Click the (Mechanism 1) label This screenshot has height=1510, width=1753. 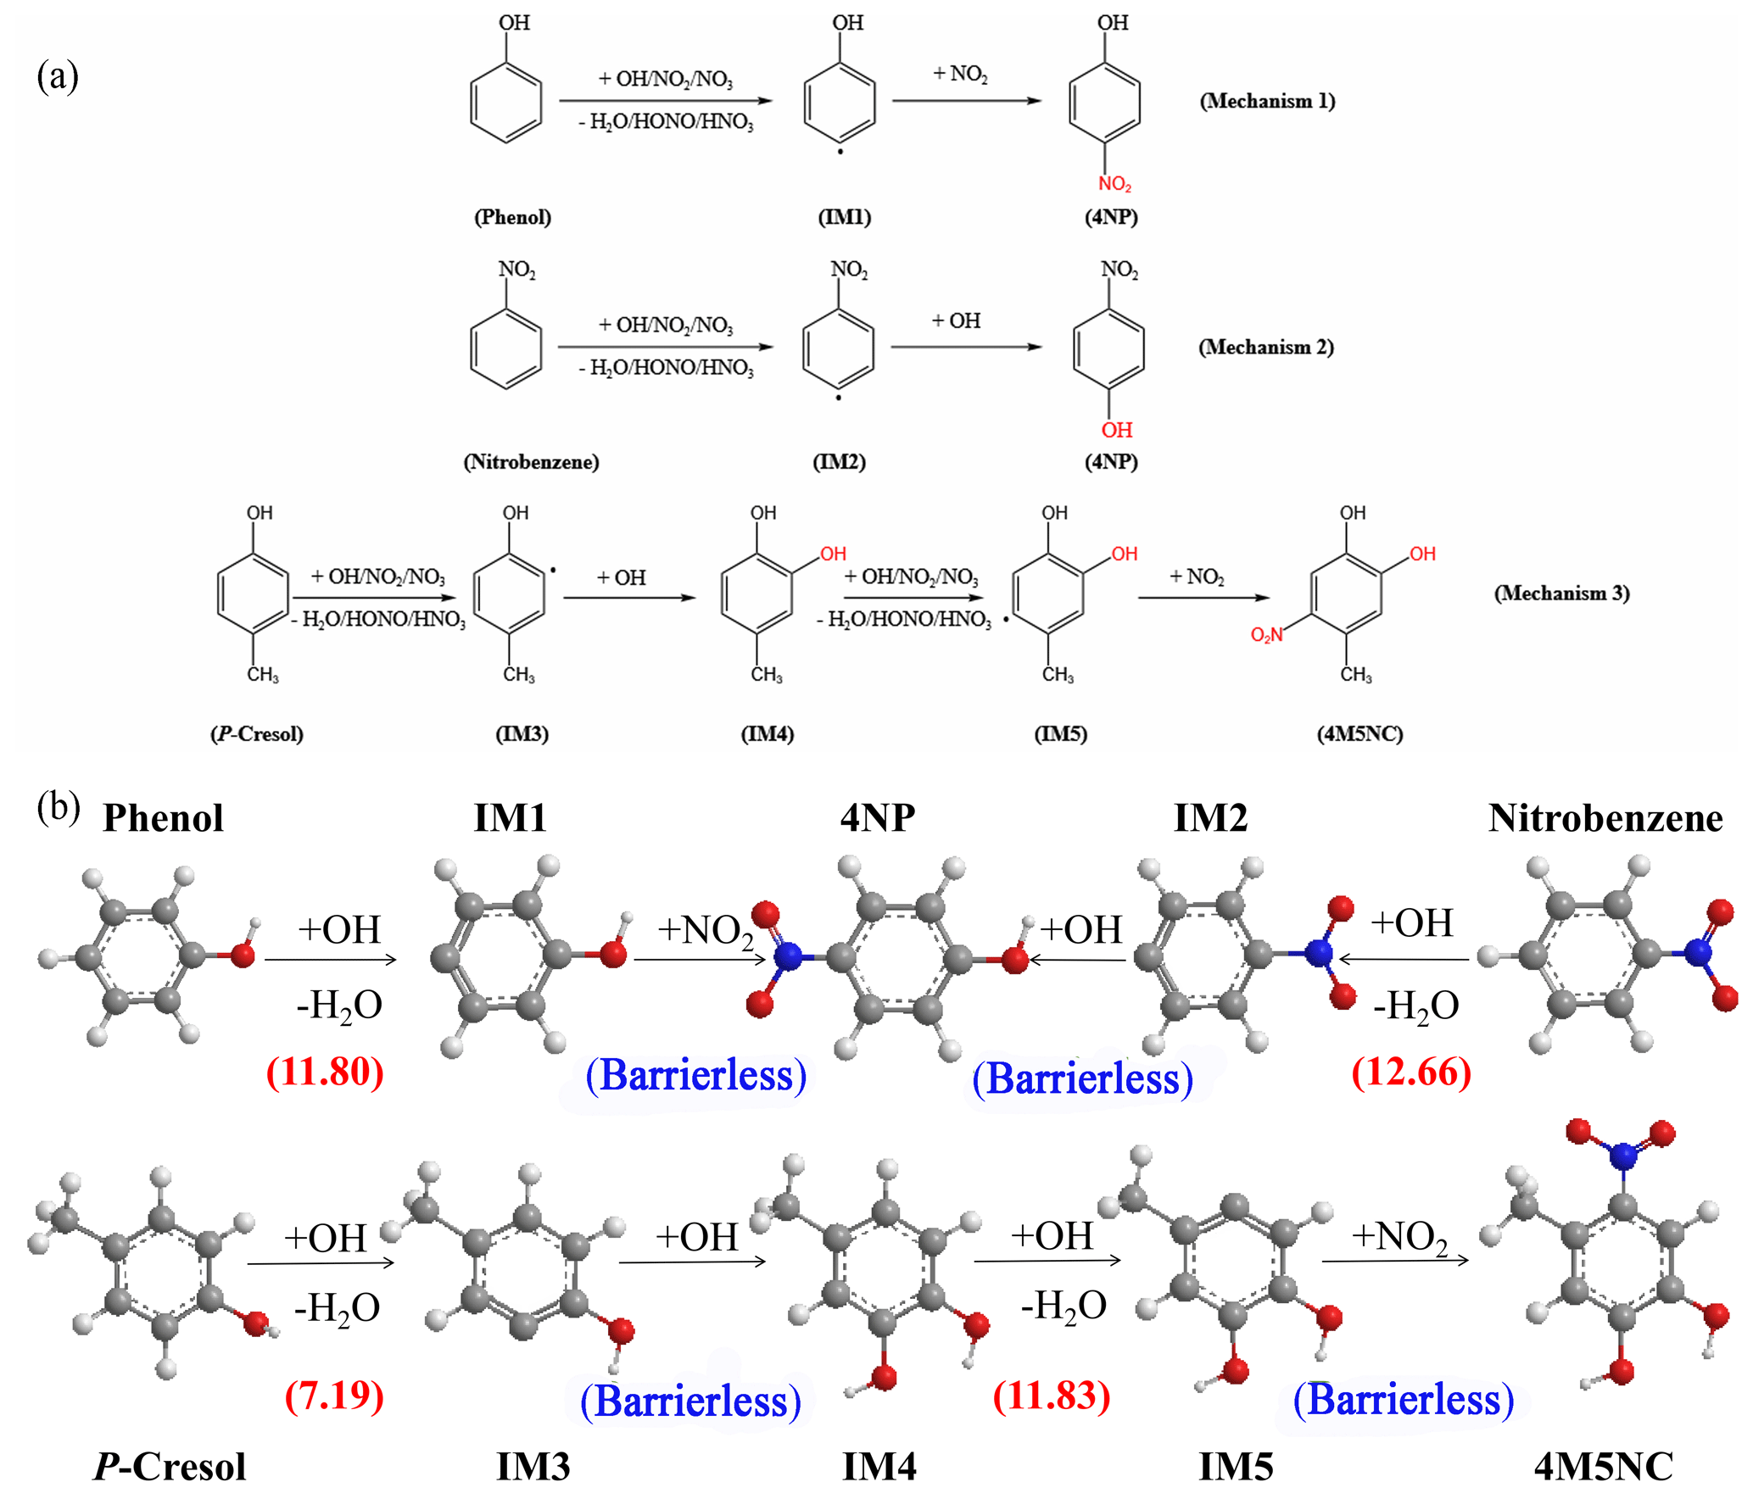(1266, 101)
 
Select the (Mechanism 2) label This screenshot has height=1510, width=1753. (1265, 347)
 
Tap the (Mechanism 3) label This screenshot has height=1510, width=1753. (1561, 593)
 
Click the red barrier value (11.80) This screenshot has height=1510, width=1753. (325, 1072)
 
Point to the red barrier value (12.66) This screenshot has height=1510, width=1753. (1411, 1072)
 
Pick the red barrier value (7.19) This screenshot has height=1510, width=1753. (334, 1396)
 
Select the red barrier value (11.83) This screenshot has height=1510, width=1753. (1052, 1396)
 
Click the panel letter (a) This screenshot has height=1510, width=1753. (57, 76)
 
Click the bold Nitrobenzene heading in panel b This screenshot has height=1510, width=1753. (1605, 819)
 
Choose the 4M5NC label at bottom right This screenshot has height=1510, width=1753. (1604, 1468)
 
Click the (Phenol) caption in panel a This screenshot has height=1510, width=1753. (512, 217)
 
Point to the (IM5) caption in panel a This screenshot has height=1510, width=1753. (1060, 733)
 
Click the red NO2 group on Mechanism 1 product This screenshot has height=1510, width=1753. (1114, 184)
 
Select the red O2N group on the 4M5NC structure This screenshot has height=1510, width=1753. (1266, 634)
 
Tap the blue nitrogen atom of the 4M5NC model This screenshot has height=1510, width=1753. (1623, 1155)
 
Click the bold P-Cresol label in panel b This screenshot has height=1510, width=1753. (170, 1468)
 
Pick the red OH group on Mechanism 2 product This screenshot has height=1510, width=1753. (1116, 430)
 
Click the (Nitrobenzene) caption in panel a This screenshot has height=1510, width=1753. (531, 462)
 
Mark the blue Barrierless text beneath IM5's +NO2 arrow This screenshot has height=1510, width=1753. (1404, 1400)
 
